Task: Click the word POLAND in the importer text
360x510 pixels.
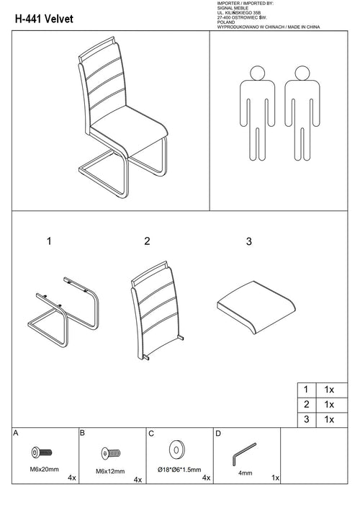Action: tap(227, 22)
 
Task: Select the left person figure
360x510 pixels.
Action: tap(254, 115)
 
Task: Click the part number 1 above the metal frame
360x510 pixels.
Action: tap(49, 241)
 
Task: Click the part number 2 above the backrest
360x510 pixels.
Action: tap(147, 241)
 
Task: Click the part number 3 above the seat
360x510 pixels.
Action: tap(249, 242)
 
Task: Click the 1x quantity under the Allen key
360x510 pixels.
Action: tap(274, 477)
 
